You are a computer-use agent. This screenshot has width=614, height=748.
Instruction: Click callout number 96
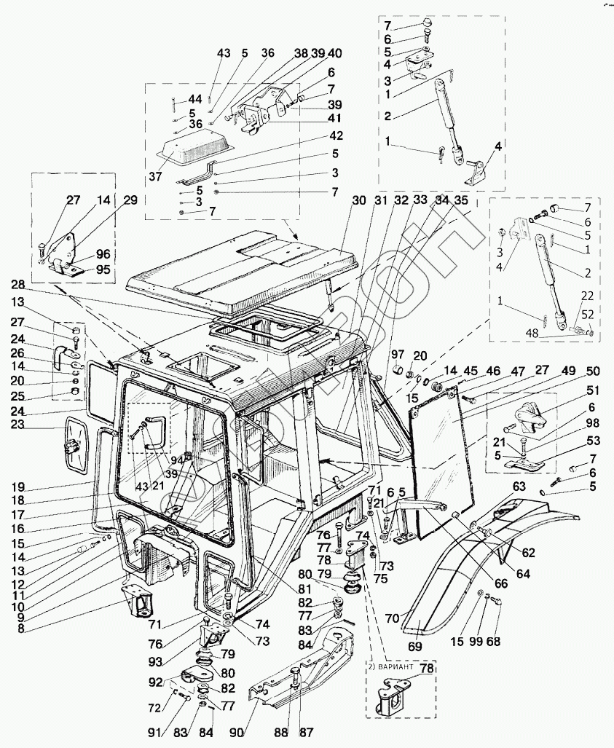(x=103, y=255)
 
